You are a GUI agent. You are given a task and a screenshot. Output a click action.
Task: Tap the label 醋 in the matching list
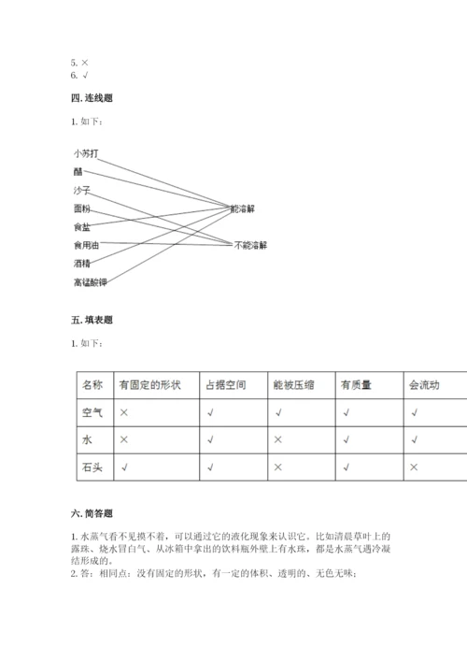point(77,171)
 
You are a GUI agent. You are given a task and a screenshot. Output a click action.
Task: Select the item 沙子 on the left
point(81,190)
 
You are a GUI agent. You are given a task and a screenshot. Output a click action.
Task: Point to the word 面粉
point(81,208)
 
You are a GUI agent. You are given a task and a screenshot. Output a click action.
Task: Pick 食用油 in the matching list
point(85,245)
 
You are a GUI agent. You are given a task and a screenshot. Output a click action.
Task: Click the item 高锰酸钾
point(90,281)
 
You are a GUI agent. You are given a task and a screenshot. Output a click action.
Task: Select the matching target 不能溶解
point(249,245)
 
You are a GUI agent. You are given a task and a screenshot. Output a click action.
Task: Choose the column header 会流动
point(423,384)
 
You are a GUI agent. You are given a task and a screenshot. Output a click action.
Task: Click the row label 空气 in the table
point(92,411)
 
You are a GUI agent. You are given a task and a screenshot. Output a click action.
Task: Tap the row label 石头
point(92,466)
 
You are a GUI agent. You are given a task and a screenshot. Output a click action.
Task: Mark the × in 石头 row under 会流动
point(413,466)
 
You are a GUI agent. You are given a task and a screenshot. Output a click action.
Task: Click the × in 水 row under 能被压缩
point(277,438)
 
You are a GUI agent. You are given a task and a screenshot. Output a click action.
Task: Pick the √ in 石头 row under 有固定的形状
point(123,466)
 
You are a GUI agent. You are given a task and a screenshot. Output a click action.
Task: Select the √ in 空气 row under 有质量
point(346,411)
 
